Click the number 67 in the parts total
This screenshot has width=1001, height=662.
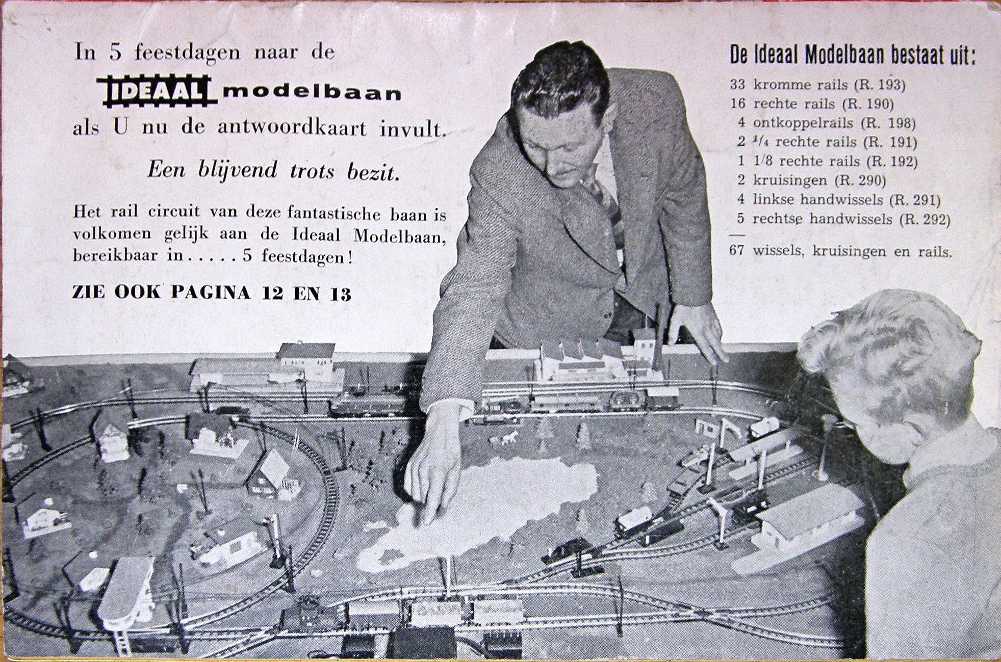(x=737, y=250)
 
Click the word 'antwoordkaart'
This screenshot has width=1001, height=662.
(x=292, y=127)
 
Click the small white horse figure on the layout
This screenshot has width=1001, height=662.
(x=509, y=438)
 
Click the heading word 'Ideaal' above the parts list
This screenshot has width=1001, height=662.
(x=777, y=56)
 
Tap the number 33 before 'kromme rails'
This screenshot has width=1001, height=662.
(x=737, y=84)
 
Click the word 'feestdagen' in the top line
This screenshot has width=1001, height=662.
(x=187, y=53)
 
